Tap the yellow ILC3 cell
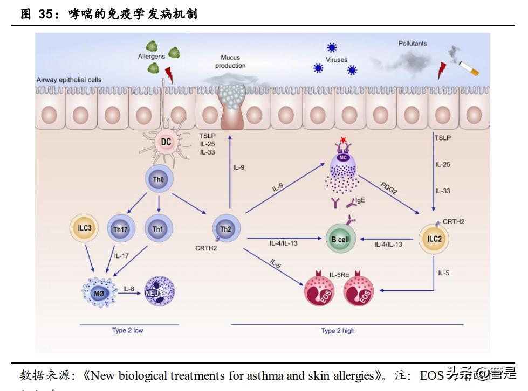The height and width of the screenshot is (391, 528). pos(84,228)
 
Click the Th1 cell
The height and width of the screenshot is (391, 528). pos(157,229)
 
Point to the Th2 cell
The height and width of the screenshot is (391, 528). pos(226,229)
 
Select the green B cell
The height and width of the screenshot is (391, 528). pos(340,239)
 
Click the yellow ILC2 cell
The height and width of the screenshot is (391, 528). pos(434,239)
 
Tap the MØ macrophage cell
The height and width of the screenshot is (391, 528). pos(99,292)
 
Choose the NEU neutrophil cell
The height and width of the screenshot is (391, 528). pos(159,292)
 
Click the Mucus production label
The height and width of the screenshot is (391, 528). pos(230,61)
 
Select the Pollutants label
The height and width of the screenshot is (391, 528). pos(412,44)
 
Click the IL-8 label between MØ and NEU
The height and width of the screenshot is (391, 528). pos(128,289)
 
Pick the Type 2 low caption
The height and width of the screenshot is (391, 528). pos(127,330)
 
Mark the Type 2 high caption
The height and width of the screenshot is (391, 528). pos(338,331)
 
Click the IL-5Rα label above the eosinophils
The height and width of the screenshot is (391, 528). pos(339,275)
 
